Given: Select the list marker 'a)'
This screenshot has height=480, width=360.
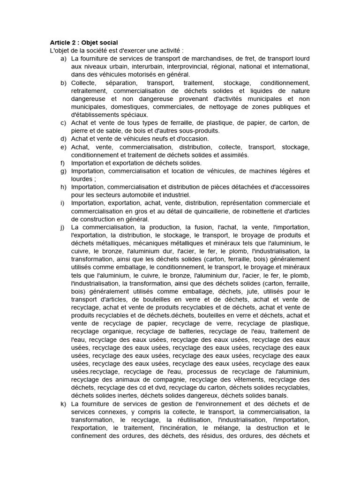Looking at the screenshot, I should coord(63,59).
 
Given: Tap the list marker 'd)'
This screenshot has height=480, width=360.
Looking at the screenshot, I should coord(63,139).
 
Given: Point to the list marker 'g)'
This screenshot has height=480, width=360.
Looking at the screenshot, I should coord(63,171).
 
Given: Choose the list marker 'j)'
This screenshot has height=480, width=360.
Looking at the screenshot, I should coord(63,227).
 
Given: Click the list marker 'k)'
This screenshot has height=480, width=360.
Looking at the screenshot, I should coord(63,404).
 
